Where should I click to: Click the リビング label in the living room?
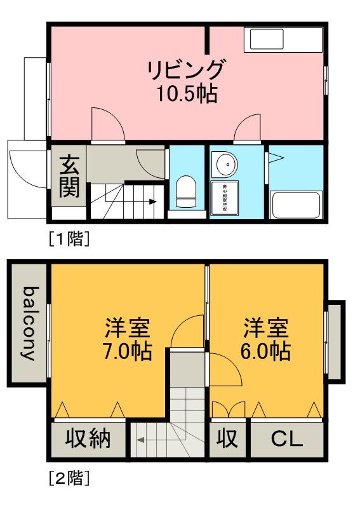(x=187, y=69)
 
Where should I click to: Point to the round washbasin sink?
(x=225, y=165)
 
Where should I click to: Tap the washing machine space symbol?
(x=225, y=197)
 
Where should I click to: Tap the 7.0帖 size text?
(x=129, y=351)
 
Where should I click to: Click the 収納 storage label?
(x=88, y=439)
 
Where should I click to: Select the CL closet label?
(x=287, y=439)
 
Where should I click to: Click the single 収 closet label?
(x=228, y=439)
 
